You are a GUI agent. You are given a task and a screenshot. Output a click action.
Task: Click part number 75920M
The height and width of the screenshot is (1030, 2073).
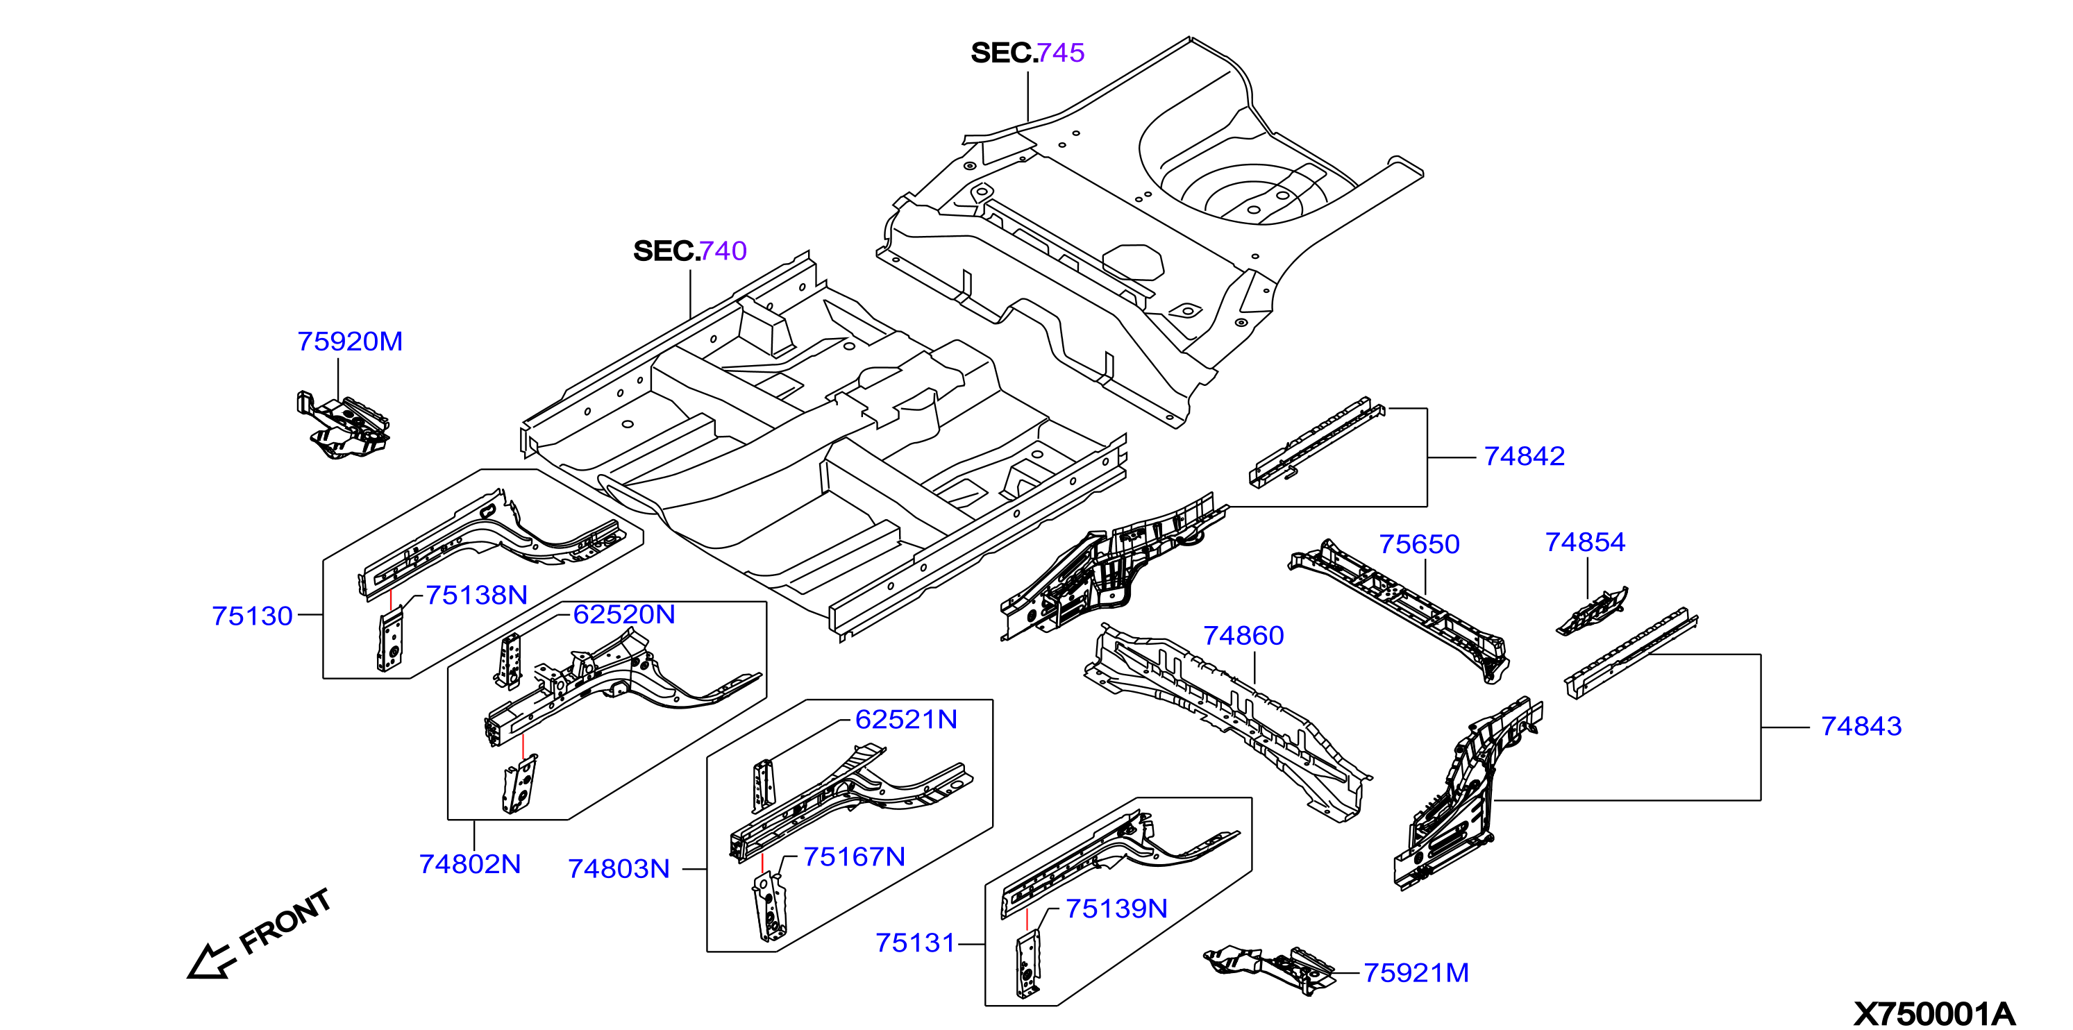click(x=350, y=341)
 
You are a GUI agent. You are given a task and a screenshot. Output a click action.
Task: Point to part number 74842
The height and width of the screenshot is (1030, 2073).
click(x=1524, y=456)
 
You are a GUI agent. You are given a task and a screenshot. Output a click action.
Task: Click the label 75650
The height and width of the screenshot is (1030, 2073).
click(x=1420, y=544)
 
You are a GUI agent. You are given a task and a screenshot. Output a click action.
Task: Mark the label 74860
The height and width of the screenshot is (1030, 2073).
click(x=1243, y=636)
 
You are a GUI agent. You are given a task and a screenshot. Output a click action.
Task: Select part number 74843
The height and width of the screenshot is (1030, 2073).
click(x=1861, y=726)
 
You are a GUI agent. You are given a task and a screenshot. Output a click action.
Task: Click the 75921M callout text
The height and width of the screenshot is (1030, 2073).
click(x=1416, y=973)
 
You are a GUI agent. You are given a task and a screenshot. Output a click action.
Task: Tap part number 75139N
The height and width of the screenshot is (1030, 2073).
click(x=1116, y=909)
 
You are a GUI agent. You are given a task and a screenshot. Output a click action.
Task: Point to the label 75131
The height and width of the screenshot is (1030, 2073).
click(x=915, y=943)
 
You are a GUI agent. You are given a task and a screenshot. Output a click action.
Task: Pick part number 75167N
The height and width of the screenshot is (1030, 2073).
click(x=854, y=857)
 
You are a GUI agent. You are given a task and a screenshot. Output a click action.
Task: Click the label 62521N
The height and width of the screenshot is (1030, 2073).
click(x=906, y=719)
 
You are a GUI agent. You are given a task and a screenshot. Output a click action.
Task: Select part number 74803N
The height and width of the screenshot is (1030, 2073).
click(x=619, y=869)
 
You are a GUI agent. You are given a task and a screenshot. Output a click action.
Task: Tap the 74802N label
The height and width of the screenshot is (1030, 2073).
click(x=470, y=864)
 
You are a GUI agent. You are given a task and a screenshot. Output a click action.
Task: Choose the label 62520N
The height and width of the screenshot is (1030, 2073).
click(x=623, y=615)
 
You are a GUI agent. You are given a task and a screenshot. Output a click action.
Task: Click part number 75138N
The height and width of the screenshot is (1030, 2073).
click(x=476, y=596)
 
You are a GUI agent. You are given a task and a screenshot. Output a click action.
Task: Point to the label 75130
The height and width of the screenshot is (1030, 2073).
click(x=252, y=616)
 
